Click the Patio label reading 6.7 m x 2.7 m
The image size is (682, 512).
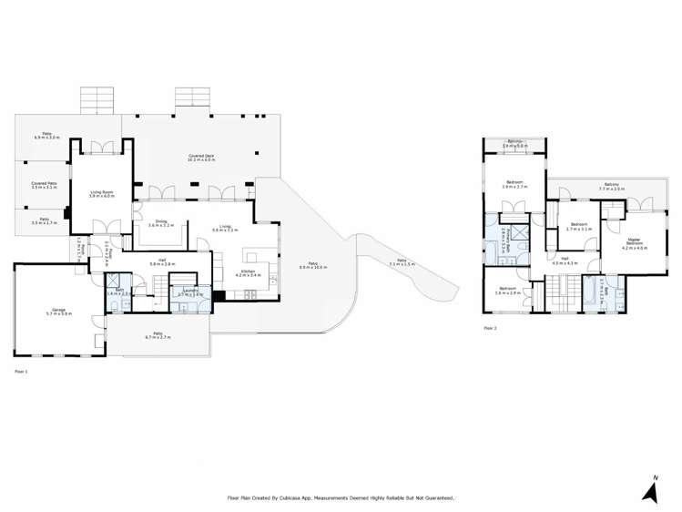point(158,335)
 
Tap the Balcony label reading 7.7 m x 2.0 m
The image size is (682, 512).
point(610,187)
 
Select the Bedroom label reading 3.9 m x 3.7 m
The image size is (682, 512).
point(514,186)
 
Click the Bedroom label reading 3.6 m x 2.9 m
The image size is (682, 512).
point(508,292)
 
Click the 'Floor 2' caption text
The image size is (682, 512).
point(490,327)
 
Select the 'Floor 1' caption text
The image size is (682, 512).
point(21,372)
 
